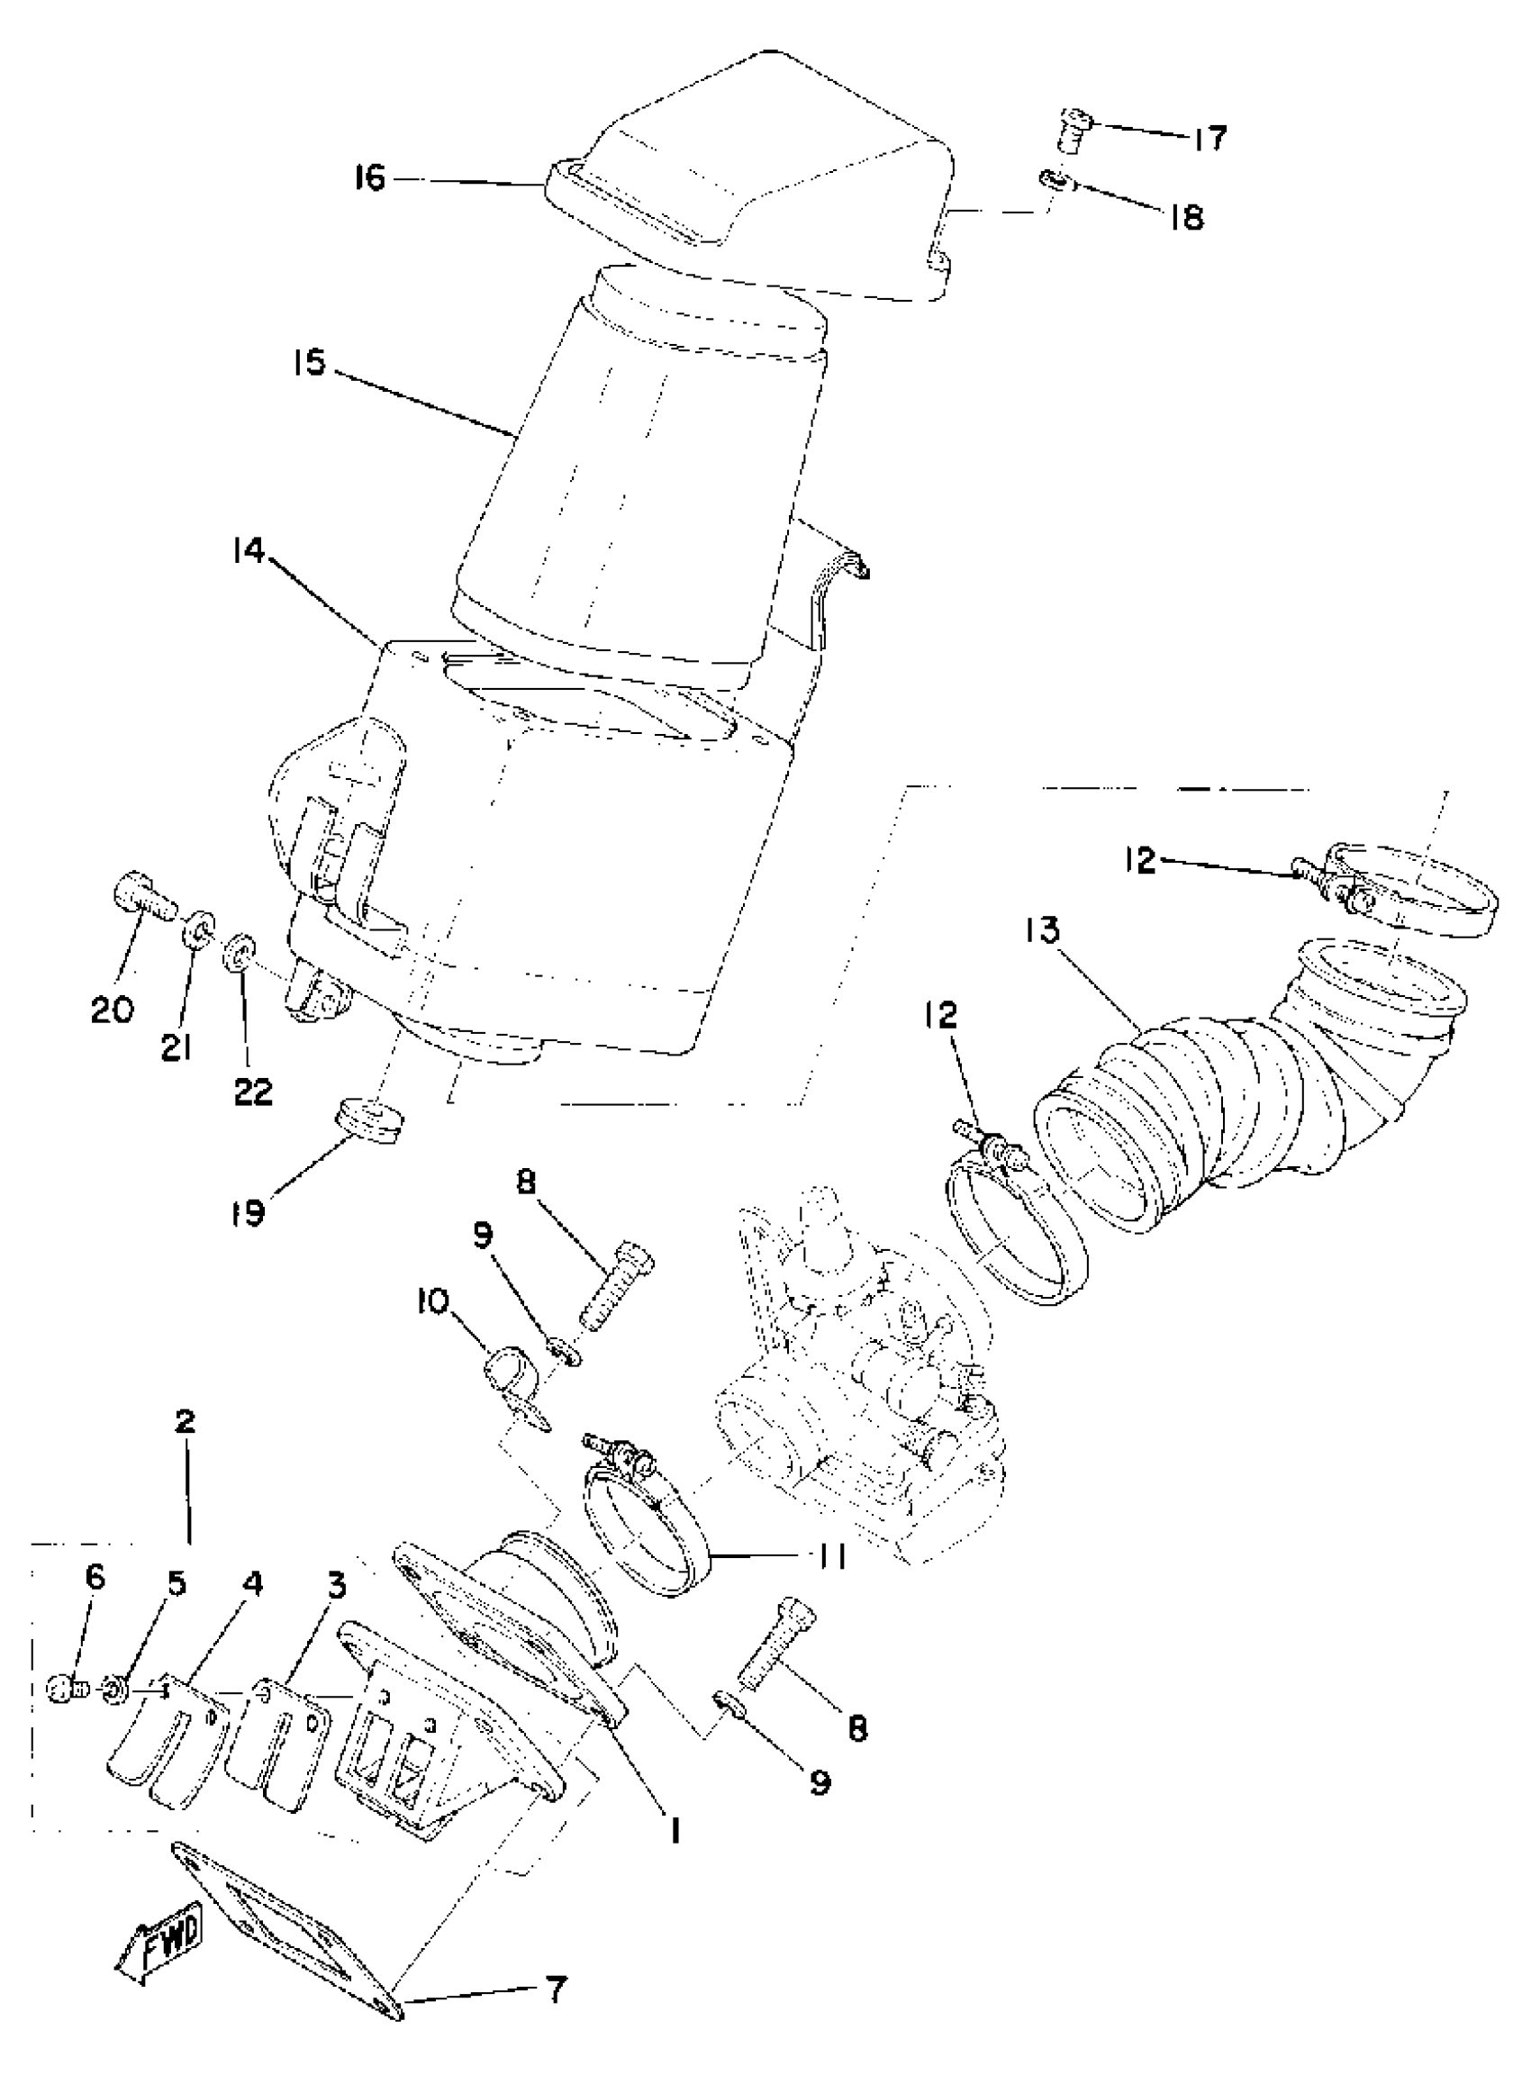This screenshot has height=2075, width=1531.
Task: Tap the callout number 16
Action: click(x=369, y=177)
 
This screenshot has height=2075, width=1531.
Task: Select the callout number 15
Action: click(x=311, y=362)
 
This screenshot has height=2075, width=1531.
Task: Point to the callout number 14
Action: click(x=249, y=553)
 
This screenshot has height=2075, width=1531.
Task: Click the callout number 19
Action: click(x=249, y=1211)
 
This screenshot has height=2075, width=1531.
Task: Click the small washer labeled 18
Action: click(x=1055, y=179)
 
